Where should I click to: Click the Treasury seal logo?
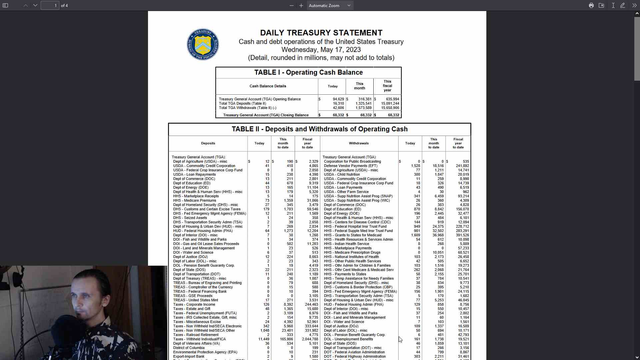coord(203,44)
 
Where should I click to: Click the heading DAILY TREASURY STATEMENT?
coord(321,33)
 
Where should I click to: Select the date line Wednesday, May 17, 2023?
coord(321,50)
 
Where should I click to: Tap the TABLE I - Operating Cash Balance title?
coord(308,72)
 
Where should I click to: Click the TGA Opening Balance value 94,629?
coord(338,99)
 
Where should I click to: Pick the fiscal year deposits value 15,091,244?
coord(390,103)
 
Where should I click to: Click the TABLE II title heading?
coord(319,129)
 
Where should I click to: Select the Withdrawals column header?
coord(359,143)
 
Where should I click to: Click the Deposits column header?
coord(208,143)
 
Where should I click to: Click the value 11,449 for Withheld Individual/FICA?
coord(264,339)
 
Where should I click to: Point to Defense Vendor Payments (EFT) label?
coord(351,166)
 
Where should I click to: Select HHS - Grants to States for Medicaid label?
coord(353,235)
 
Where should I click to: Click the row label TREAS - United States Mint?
coord(195,300)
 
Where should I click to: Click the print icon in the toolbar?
coord(591,5)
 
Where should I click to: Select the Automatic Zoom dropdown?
coord(330,5)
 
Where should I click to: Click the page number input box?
coord(50,5)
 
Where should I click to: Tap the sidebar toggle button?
coord(5,5)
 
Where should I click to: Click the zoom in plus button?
coord(301,5)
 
